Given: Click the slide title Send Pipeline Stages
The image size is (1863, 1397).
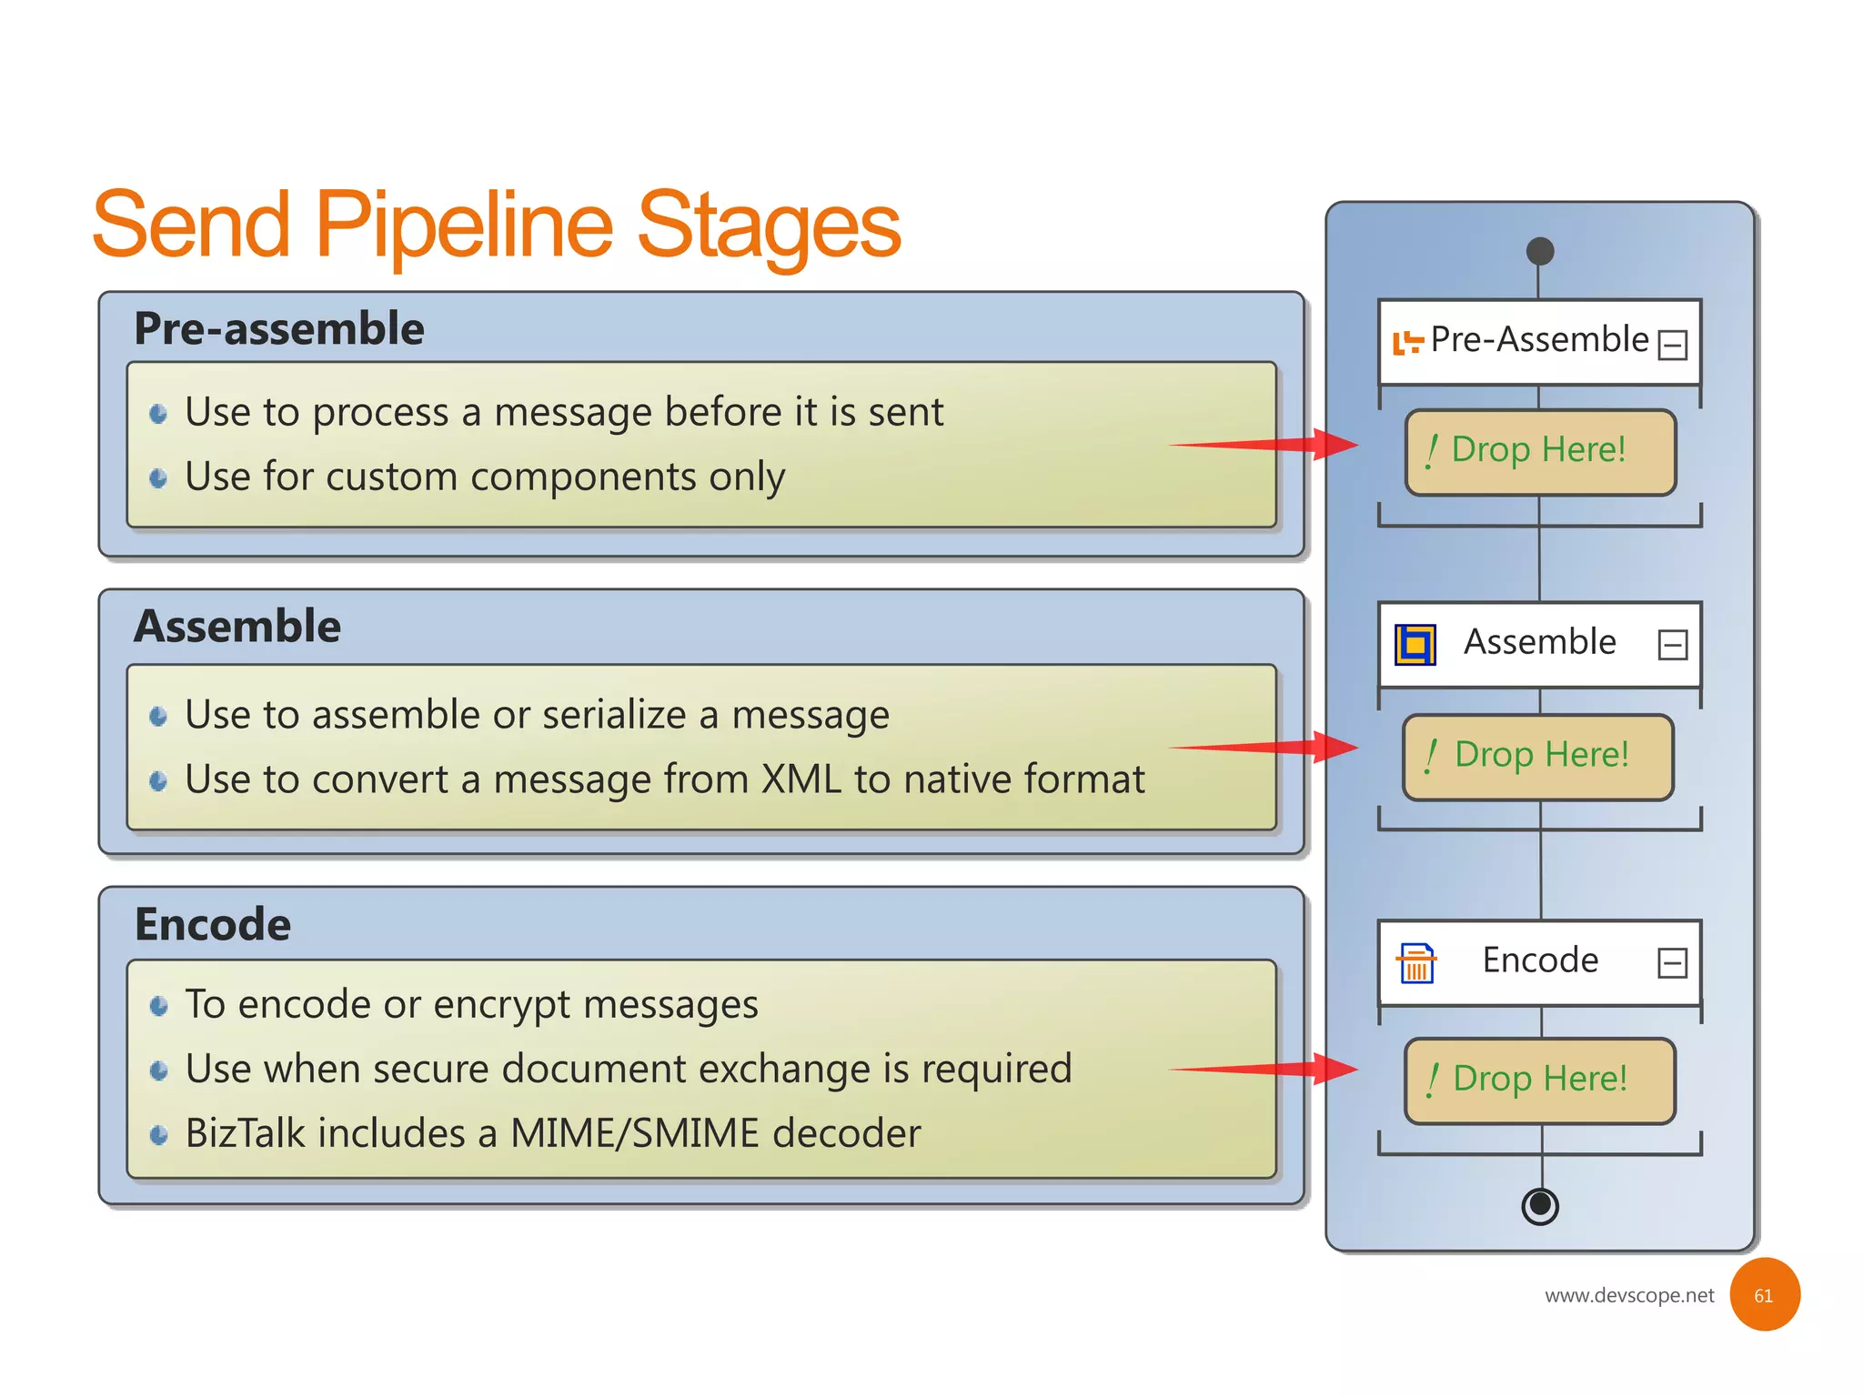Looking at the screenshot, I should pyautogui.click(x=496, y=225).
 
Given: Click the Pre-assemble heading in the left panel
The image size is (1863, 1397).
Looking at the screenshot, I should pyautogui.click(x=278, y=328).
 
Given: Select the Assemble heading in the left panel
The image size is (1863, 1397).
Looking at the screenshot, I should pyautogui.click(x=237, y=626).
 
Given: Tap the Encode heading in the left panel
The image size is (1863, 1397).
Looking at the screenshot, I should pyautogui.click(x=212, y=924).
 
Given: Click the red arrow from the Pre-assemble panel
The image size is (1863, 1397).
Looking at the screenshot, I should pyautogui.click(x=1274, y=445).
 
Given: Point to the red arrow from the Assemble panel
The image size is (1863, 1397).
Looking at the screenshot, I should pyautogui.click(x=1274, y=748).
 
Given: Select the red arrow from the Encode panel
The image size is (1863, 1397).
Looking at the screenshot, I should pyautogui.click(x=1274, y=1070).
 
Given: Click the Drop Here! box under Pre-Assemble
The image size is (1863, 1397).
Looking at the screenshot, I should pyautogui.click(x=1539, y=452).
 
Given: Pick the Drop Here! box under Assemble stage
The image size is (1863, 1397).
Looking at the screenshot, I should pyautogui.click(x=1538, y=757).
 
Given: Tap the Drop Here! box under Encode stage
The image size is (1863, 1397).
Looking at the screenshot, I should pyautogui.click(x=1539, y=1080).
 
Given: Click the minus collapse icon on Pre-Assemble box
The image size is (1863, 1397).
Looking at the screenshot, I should pyautogui.click(x=1672, y=345).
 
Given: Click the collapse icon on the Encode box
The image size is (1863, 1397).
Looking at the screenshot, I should pyautogui.click(x=1672, y=962).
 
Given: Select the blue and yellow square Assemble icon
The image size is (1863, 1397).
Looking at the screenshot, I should pyautogui.click(x=1415, y=645).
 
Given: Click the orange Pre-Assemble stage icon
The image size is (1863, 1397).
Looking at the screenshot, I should pyautogui.click(x=1407, y=343).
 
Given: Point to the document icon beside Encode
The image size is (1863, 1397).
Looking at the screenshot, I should pyautogui.click(x=1416, y=963).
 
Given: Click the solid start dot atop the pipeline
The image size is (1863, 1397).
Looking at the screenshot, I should pyautogui.click(x=1539, y=251).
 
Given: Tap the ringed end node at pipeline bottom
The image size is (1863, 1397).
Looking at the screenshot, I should pyautogui.click(x=1540, y=1206).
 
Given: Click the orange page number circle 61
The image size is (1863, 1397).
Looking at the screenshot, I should pyautogui.click(x=1764, y=1294).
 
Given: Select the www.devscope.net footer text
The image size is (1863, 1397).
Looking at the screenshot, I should pyautogui.click(x=1628, y=1295).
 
